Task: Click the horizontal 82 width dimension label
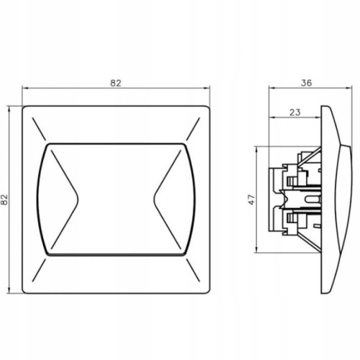click(116, 83)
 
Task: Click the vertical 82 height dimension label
click(4, 199)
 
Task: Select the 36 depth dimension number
click(306, 83)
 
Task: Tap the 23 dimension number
click(295, 112)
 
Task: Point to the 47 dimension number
click(251, 199)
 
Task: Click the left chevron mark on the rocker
click(65, 199)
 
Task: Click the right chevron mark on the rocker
click(167, 199)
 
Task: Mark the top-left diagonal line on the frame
click(39, 129)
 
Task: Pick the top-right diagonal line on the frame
click(193, 129)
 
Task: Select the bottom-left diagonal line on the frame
click(39, 270)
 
